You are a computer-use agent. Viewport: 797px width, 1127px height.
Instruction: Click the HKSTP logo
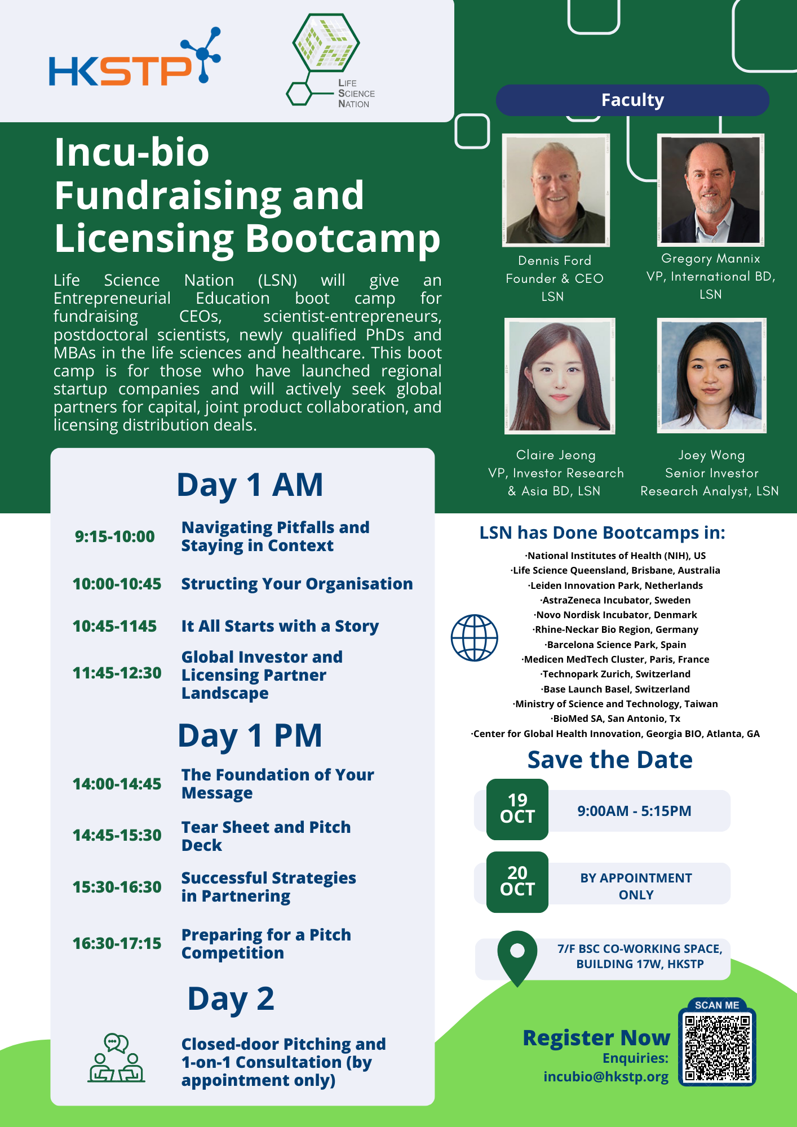tap(134, 61)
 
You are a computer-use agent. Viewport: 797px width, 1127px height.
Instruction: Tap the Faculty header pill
tap(632, 100)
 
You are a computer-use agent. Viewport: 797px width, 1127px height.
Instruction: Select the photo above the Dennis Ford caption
tap(556, 190)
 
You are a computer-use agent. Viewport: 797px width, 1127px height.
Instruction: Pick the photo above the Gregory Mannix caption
tap(711, 190)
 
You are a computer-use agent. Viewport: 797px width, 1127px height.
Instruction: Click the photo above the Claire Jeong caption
tap(560, 376)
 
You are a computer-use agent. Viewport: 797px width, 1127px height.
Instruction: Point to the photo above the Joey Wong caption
tap(711, 376)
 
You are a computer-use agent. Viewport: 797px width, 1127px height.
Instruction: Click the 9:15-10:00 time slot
tap(115, 536)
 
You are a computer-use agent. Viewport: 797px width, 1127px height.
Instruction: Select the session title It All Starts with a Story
tap(280, 626)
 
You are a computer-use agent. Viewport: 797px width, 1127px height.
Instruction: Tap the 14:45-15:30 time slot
tap(117, 835)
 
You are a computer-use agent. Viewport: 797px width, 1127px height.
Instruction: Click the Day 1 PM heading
tap(250, 735)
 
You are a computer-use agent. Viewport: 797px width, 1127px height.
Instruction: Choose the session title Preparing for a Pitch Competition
tap(266, 944)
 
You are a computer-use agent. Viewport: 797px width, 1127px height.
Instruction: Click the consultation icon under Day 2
tap(116, 1058)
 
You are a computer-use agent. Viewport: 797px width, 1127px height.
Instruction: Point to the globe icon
tap(475, 638)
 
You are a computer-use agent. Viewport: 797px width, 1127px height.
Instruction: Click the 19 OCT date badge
tap(517, 809)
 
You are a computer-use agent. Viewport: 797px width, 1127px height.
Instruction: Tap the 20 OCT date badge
tap(517, 882)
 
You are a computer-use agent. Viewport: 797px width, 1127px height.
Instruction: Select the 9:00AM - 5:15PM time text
tap(634, 811)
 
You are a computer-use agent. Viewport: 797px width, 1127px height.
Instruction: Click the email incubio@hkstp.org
tap(606, 1077)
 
